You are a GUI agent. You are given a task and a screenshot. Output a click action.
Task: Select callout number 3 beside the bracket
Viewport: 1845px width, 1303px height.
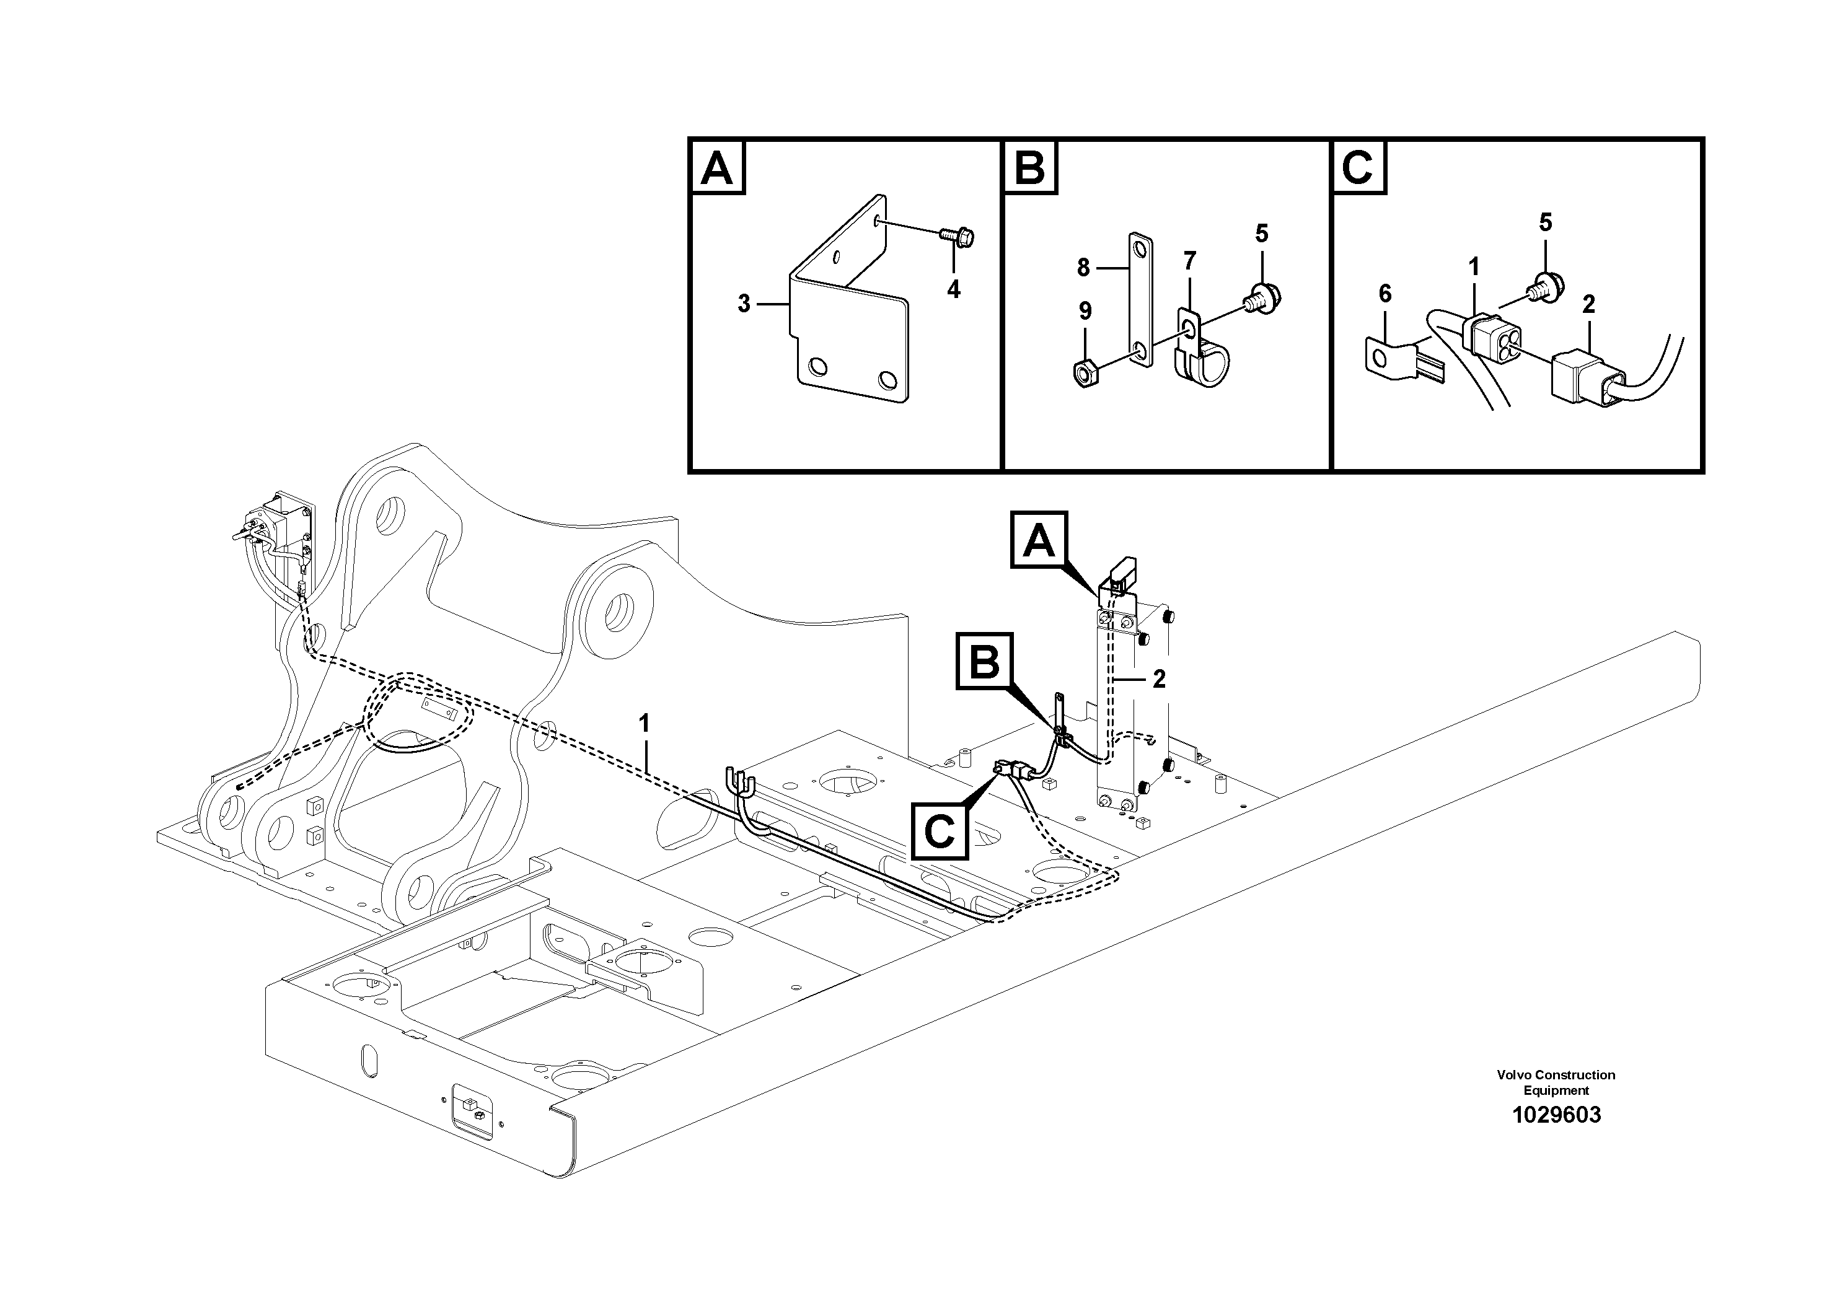pos(744,304)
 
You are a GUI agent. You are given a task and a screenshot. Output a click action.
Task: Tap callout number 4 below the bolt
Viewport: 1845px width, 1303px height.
pos(953,289)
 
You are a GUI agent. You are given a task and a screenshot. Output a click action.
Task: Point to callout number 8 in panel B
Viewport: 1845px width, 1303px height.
pos(1083,268)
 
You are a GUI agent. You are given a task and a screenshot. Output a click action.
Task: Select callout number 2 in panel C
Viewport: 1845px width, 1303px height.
pos(1588,304)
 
